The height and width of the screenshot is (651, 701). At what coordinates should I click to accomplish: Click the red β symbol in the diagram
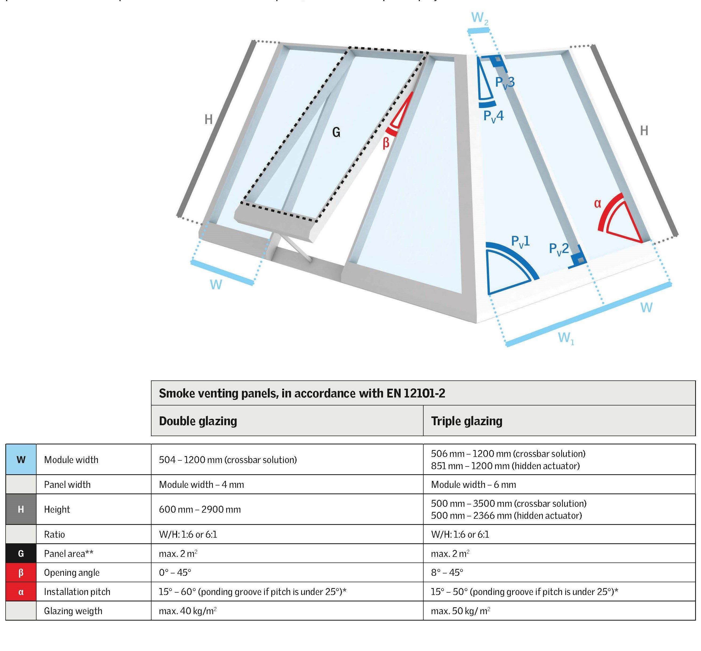pos(386,143)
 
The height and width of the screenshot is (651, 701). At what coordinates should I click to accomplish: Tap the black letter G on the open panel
pos(336,132)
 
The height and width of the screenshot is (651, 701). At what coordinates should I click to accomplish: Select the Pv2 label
pos(559,249)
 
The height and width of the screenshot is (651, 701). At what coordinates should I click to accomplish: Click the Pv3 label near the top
pos(505,82)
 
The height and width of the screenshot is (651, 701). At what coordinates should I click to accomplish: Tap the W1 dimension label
pos(566,338)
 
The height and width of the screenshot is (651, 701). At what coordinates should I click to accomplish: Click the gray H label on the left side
pos(208,120)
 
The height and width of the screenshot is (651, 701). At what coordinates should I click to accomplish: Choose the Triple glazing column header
pos(466,421)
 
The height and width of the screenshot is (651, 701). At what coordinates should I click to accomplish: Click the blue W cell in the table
pos(21,459)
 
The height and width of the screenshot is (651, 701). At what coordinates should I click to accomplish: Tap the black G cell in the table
pos(21,553)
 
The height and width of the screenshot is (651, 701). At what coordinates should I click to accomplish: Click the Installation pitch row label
pos(77,592)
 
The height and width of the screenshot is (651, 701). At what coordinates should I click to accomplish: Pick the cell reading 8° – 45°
pos(447,572)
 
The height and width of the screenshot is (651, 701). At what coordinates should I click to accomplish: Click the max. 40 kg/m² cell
pos(187,611)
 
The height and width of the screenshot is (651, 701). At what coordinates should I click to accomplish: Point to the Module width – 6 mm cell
pos(473,485)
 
